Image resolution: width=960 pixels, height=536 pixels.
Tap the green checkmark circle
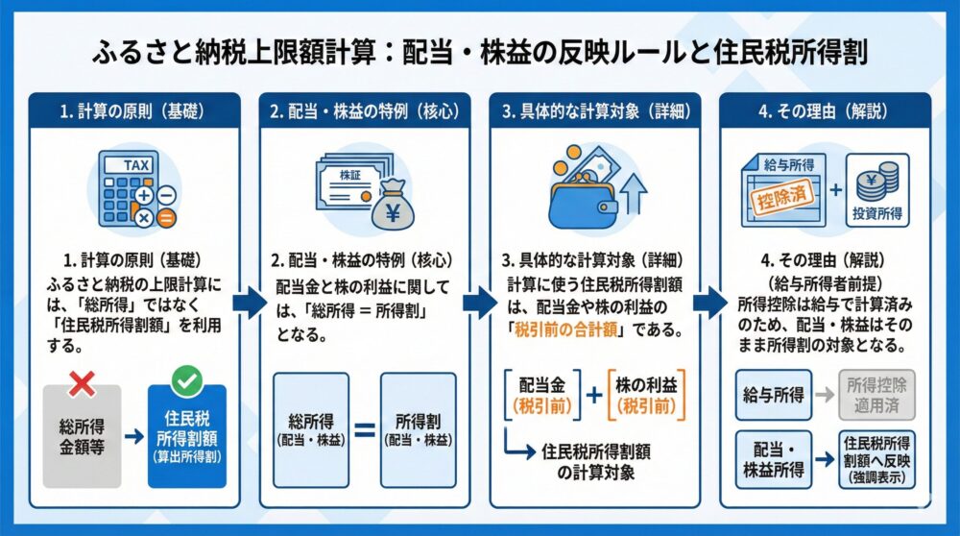tap(186, 382)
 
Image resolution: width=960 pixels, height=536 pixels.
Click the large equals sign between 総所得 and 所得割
tap(365, 429)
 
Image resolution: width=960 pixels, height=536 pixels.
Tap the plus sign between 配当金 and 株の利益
tap(594, 394)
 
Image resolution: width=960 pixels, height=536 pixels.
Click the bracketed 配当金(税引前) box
tap(542, 394)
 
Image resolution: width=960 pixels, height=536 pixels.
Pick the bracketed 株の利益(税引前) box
tap(648, 394)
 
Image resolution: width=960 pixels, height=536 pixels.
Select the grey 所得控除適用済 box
tap(876, 394)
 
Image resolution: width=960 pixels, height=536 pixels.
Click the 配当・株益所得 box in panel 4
tap(775, 457)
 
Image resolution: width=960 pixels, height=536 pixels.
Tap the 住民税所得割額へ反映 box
tap(876, 457)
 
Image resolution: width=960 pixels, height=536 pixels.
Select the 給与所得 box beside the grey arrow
tap(775, 394)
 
